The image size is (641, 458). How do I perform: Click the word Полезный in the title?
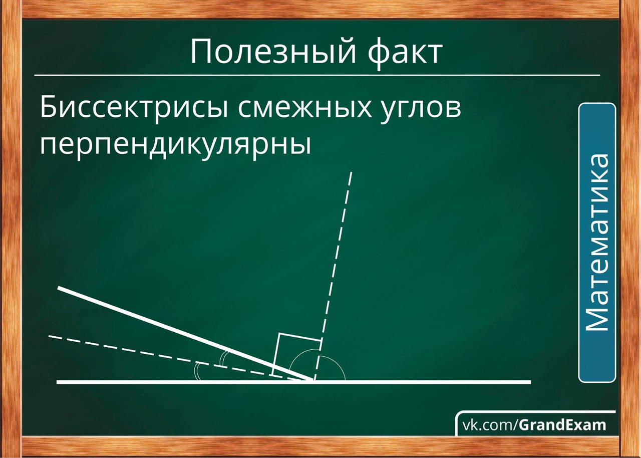point(273,52)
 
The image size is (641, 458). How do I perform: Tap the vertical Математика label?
point(597,243)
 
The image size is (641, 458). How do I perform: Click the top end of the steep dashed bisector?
point(352,172)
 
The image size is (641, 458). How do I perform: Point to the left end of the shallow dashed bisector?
point(49,336)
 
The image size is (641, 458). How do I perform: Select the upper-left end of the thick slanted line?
point(59,288)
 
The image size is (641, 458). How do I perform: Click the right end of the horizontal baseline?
point(531,382)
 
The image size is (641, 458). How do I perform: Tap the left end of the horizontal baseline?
point(57,382)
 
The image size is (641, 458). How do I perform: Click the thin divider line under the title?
point(317,76)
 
